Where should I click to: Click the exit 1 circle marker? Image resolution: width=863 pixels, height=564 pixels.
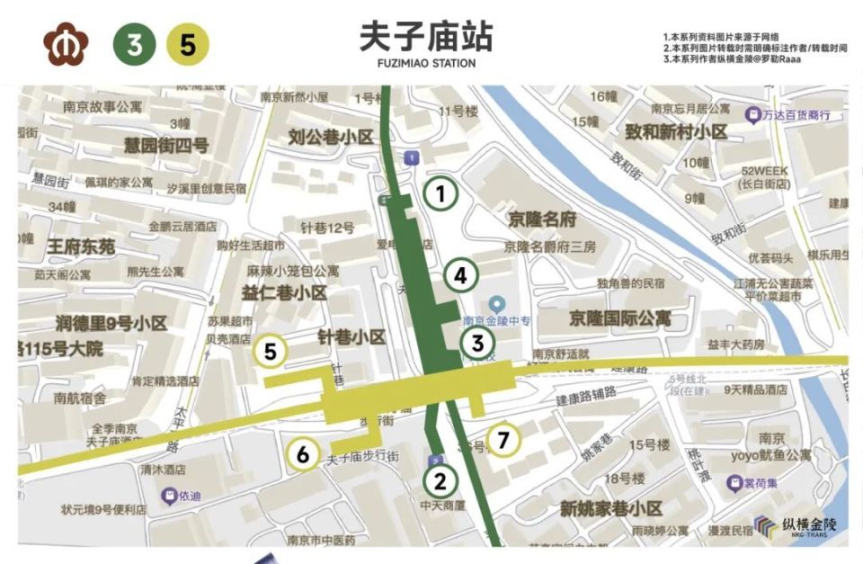click(x=440, y=193)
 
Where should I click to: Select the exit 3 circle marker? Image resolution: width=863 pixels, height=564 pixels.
click(x=478, y=343)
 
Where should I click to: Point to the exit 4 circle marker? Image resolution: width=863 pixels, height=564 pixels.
click(x=460, y=276)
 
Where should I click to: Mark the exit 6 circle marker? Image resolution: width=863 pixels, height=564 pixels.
click(x=303, y=455)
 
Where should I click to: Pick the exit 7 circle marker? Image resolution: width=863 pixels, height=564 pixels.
click(x=503, y=440)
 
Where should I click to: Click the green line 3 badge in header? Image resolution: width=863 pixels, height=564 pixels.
click(x=134, y=45)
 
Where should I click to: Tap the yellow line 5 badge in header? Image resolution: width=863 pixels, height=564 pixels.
click(x=187, y=45)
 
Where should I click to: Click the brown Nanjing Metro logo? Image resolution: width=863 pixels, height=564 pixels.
click(x=65, y=45)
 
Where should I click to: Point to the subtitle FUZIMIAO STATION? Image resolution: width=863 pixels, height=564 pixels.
click(x=426, y=64)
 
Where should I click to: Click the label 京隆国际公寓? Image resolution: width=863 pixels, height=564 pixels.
click(x=619, y=318)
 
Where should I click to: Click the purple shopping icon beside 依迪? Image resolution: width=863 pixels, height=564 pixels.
click(x=167, y=495)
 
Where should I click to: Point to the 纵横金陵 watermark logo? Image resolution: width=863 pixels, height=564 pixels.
click(x=795, y=526)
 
